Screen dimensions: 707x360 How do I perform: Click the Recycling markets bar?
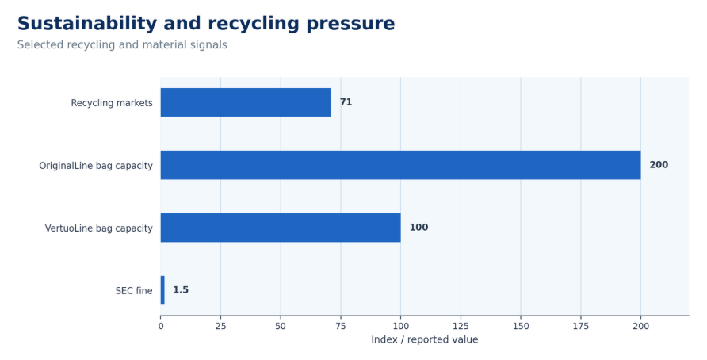[246, 102]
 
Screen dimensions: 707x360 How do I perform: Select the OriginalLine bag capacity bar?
[400, 165]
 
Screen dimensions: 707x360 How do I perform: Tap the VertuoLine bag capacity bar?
[281, 228]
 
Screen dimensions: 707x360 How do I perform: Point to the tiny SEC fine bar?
[162, 290]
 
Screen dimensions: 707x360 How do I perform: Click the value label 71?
[346, 102]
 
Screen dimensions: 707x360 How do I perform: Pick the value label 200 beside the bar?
[659, 165]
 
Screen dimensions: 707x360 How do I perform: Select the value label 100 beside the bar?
[418, 228]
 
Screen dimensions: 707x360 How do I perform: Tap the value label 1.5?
[181, 290]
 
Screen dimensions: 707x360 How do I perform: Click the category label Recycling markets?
[112, 103]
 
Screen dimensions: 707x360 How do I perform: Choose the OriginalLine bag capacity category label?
[96, 166]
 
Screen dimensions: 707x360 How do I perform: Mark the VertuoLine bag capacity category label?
[99, 228]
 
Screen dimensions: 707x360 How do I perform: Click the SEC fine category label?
[134, 291]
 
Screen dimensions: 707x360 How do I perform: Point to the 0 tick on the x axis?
[161, 326]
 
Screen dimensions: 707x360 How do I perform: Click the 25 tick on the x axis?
[220, 326]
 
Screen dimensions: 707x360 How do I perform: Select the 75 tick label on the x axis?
[341, 326]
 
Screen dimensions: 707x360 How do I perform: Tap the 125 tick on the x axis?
[461, 326]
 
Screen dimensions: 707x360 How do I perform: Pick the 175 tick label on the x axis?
[581, 326]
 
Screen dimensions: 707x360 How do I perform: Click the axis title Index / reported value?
[425, 339]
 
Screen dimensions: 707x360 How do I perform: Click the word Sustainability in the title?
[87, 24]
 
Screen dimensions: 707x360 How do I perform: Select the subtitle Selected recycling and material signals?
[122, 45]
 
